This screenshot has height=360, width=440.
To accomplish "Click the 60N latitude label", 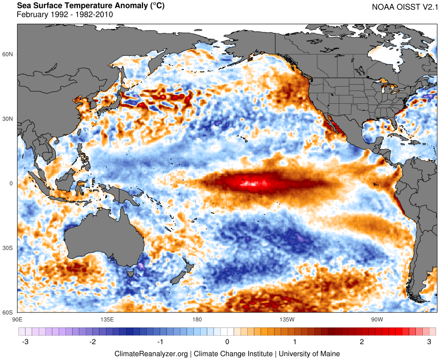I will coord(8,54).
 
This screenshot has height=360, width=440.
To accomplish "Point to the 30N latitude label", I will coord(8,119).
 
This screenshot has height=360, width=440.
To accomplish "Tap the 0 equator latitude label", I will coord(11,183).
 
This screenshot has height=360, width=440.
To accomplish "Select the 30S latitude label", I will coord(8,248).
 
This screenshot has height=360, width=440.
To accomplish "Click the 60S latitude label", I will coord(8,313).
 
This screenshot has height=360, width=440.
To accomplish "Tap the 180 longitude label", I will coord(197,319).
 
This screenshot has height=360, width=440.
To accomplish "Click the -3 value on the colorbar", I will coord(25,342).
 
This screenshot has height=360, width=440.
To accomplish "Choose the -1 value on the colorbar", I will coord(159,342).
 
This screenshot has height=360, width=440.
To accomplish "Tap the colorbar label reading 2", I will coord(362,342).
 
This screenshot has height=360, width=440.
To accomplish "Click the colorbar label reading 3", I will coord(429,342).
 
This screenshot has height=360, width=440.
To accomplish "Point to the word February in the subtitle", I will coord(32,15).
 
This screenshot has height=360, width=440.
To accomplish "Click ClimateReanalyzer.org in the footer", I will coord(151,353).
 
